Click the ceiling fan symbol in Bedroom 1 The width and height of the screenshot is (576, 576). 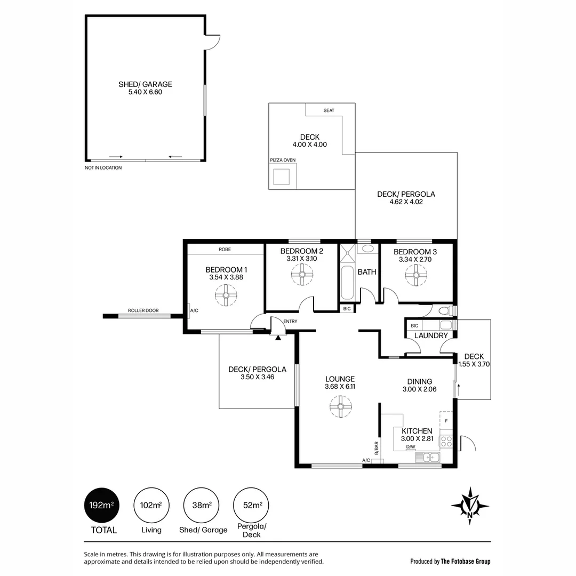point(226,295)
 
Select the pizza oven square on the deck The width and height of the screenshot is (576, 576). point(282,177)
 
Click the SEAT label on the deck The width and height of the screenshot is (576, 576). point(329,110)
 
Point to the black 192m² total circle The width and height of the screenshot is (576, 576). point(101,505)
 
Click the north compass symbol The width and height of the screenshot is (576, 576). point(470,503)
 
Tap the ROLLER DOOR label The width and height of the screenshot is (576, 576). point(143,310)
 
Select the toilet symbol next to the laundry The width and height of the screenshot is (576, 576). point(445,310)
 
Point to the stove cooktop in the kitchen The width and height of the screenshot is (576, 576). point(446,441)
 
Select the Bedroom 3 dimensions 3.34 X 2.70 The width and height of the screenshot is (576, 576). point(415,260)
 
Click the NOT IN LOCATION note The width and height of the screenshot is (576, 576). point(103,168)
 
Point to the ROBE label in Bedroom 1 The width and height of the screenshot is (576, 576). point(225,249)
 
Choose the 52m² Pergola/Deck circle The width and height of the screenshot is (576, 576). point(251,505)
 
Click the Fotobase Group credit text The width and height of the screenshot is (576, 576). point(450,561)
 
